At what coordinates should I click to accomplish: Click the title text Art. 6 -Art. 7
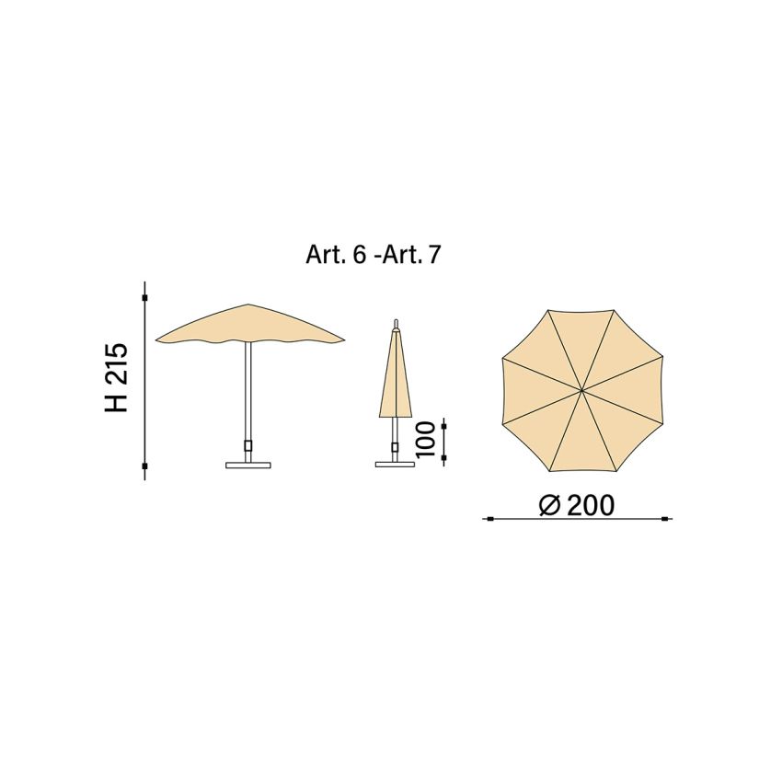[x=373, y=255]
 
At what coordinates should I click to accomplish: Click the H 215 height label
[x=117, y=377]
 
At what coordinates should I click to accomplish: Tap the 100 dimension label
[x=425, y=439]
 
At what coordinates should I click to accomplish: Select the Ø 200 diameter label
[x=577, y=505]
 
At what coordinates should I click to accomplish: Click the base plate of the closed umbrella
[x=396, y=464]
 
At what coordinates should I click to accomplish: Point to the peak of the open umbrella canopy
[x=248, y=305]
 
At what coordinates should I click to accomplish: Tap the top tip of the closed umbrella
[x=396, y=322]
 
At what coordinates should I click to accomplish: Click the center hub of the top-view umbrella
[x=581, y=390]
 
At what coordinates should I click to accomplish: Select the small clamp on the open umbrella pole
[x=248, y=446]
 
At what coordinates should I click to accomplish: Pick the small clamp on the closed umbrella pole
[x=396, y=448]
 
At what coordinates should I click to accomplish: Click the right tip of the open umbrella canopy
[x=345, y=340]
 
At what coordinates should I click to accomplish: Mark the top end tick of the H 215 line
[x=145, y=298]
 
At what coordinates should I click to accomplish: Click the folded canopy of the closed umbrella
[x=396, y=382]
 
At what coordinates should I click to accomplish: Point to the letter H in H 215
[x=117, y=402]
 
